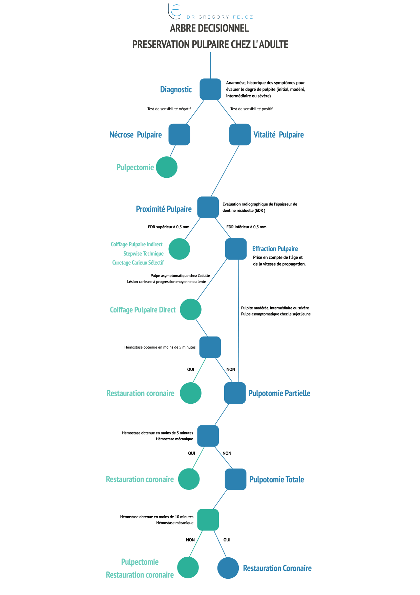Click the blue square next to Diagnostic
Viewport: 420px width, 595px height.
pos(210,89)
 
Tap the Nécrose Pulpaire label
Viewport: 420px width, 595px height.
pos(135,135)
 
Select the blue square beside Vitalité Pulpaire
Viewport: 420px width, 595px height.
pos(240,134)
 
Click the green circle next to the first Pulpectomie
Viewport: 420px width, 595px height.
pos(167,167)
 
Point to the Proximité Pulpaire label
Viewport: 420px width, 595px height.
pos(164,209)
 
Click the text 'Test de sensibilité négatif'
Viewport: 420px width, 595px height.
pos(169,109)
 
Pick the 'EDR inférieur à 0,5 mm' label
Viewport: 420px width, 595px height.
pos(247,227)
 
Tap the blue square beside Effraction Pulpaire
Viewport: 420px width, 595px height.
pos(236,249)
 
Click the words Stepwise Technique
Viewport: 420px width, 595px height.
pos(143,254)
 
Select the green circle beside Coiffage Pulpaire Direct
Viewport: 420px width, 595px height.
pos(191,309)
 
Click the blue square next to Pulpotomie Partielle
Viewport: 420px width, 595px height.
pos(235,393)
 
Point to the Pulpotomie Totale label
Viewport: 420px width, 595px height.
pos(277,479)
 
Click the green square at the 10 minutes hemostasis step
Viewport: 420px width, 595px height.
pos(208,520)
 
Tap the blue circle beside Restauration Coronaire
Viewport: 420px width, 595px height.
pos(228,568)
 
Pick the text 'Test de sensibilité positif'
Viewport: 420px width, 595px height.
pos(251,109)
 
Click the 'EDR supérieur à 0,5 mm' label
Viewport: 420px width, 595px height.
pos(169,227)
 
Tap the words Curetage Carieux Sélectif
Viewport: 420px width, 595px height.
pos(138,263)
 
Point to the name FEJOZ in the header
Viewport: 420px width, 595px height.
pos(243,17)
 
